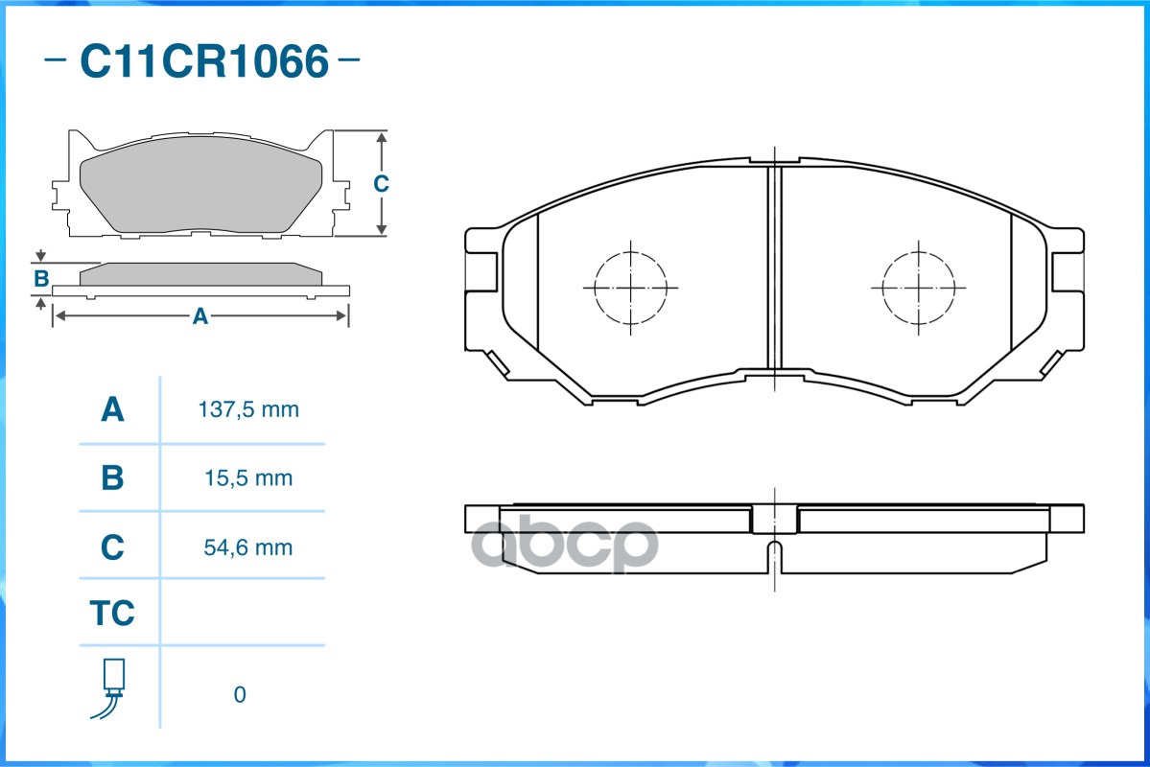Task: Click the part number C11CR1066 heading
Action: pos(203,62)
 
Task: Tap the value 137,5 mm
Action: pos(248,410)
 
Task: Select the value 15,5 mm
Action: pos(248,477)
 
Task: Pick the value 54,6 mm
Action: pos(248,547)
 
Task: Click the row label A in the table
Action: pos(112,410)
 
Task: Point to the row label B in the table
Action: pos(112,477)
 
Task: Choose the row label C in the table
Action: pos(112,547)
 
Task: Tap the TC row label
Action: pos(112,614)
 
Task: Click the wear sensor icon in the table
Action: pos(112,688)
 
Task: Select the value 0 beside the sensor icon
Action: pos(240,694)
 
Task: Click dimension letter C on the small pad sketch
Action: pos(381,183)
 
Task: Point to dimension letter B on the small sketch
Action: pos(41,279)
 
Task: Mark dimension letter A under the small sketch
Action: pos(199,316)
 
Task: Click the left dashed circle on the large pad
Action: pos(630,288)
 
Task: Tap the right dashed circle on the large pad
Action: pos(919,288)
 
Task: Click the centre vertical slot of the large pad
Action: pos(775,268)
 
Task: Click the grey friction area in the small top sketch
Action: pos(201,192)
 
